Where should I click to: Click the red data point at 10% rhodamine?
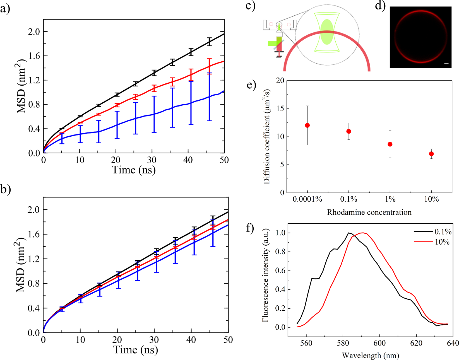coord(431,154)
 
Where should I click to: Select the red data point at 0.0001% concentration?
coord(307,125)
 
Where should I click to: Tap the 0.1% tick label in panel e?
coord(349,199)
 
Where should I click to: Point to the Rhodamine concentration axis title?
coord(369,212)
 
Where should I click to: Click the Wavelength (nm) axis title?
coord(370,356)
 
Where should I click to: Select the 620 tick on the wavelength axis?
coord(416,343)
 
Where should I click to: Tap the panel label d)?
coord(380,6)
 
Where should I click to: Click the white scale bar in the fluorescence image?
coord(446,64)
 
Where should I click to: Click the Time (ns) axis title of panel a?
coord(134,170)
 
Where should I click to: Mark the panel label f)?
coord(250,228)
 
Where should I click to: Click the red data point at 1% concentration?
coord(390,144)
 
